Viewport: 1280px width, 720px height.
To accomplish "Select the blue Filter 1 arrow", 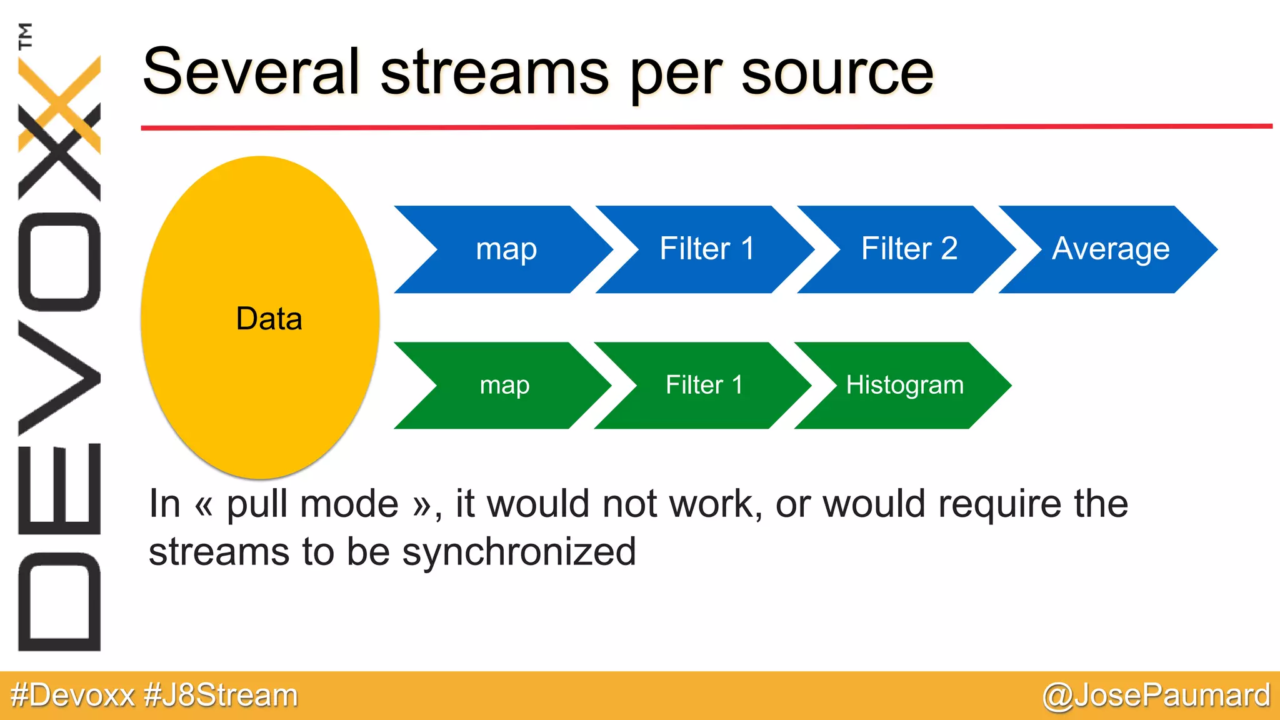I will (x=706, y=249).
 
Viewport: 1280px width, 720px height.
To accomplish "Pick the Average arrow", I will (x=1110, y=249).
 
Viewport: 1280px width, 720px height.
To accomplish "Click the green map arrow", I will (x=504, y=385).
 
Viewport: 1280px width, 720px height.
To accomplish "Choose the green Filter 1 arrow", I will (x=704, y=385).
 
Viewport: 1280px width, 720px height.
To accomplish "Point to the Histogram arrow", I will (x=904, y=385).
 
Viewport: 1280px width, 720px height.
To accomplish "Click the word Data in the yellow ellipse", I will (x=269, y=319).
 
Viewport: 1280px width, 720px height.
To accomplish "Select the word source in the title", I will (x=837, y=72).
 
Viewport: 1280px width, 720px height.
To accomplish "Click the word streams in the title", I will (x=494, y=72).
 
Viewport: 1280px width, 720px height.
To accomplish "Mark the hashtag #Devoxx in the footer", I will (x=72, y=695).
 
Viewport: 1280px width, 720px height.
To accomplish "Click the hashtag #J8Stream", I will (x=221, y=695).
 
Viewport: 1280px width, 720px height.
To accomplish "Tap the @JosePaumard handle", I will (x=1156, y=695).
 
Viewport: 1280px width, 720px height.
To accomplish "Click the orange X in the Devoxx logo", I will (x=59, y=104).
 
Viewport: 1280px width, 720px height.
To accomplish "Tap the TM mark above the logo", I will (x=25, y=36).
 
